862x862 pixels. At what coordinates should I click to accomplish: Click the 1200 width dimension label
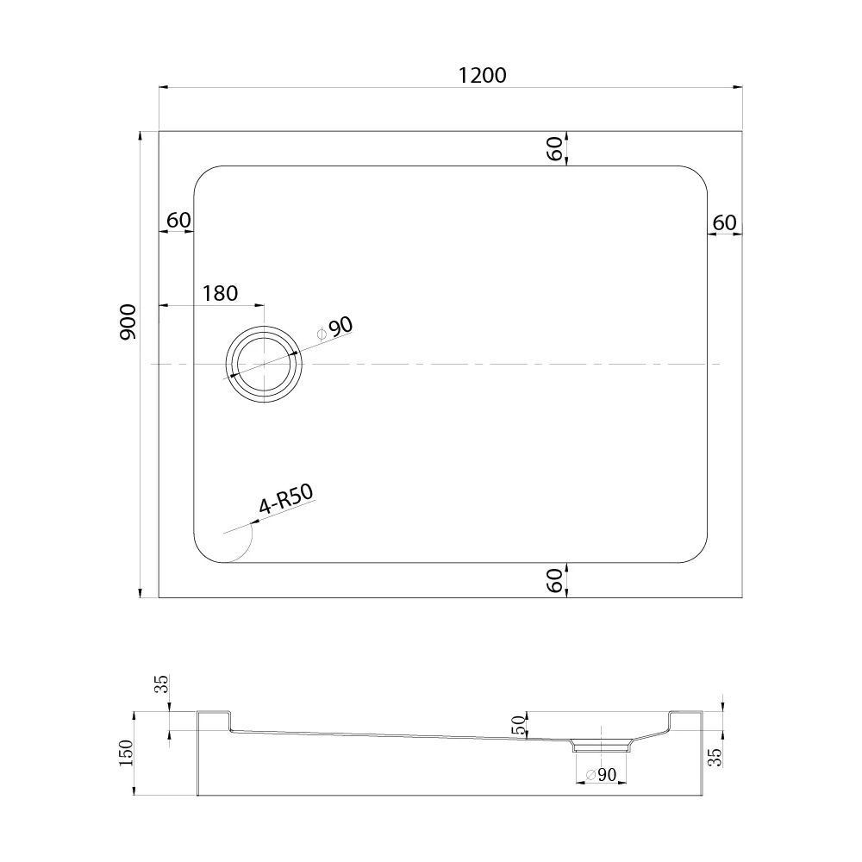[482, 75]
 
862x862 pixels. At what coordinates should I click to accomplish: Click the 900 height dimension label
[128, 322]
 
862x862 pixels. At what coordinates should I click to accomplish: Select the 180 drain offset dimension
[220, 294]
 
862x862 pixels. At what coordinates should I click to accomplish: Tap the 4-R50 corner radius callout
[286, 498]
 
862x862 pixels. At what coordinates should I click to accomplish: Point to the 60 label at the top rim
[556, 148]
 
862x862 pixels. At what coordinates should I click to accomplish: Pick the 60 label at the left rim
[178, 220]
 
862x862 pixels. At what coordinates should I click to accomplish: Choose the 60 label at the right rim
[725, 222]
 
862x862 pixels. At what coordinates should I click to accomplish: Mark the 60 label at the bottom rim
[556, 580]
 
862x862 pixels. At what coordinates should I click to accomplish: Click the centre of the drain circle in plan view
[264, 364]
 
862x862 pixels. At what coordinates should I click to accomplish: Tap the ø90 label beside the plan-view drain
[335, 328]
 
